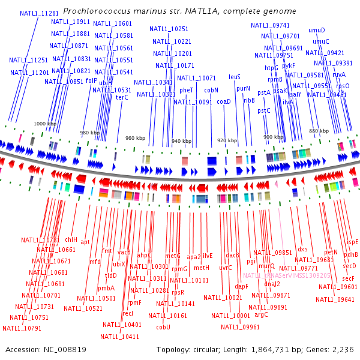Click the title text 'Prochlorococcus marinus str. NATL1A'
[179, 11]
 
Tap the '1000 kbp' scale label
[44, 123]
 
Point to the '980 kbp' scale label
[91, 133]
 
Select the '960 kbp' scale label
[135, 138]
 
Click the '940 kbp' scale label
[182, 141]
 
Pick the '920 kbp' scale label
[227, 140]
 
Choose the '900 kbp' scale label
[273, 137]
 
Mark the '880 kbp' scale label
[319, 131]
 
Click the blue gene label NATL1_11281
[39, 13]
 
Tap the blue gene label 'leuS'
[235, 77]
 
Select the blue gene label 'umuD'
[316, 30]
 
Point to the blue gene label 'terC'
[122, 97]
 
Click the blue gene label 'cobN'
[211, 90]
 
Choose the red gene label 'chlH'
[71, 239]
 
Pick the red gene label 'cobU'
[163, 327]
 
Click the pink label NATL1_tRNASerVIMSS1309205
[287, 275]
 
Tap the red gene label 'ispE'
[352, 242]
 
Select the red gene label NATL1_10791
[22, 328]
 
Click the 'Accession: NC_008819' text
[46, 349]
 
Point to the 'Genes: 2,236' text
[337, 349]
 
